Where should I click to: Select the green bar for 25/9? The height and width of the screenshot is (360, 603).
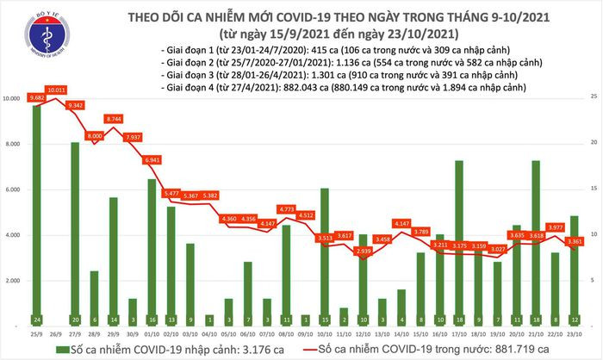(x=37, y=215)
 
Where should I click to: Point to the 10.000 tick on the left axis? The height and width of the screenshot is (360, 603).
(x=13, y=99)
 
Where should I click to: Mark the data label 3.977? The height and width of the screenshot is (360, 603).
(x=531, y=227)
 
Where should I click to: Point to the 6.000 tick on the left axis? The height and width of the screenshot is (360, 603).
(x=13, y=189)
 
